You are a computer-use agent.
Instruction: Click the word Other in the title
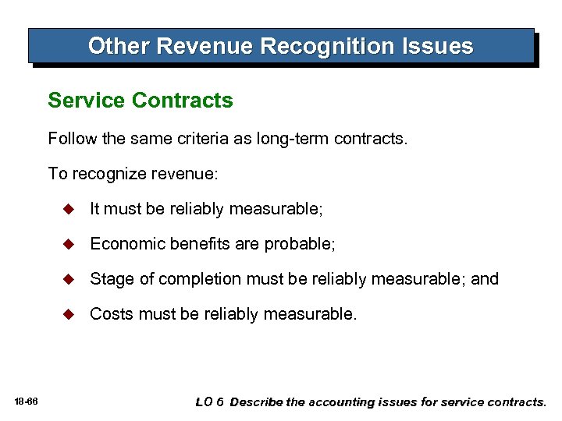tap(119, 46)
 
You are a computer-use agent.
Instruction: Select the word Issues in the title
tap(437, 46)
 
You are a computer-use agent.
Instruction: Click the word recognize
tap(108, 173)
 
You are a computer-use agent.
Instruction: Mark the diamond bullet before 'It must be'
tap(69, 209)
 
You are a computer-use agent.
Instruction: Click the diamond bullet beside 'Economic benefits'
tap(69, 244)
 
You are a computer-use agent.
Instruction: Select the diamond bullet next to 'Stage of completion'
tap(69, 279)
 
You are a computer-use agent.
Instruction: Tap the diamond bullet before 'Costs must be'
tap(69, 314)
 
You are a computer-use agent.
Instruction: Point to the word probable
tap(299, 245)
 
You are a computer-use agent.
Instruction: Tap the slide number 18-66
tap(26, 402)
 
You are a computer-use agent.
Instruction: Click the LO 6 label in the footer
tap(209, 402)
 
